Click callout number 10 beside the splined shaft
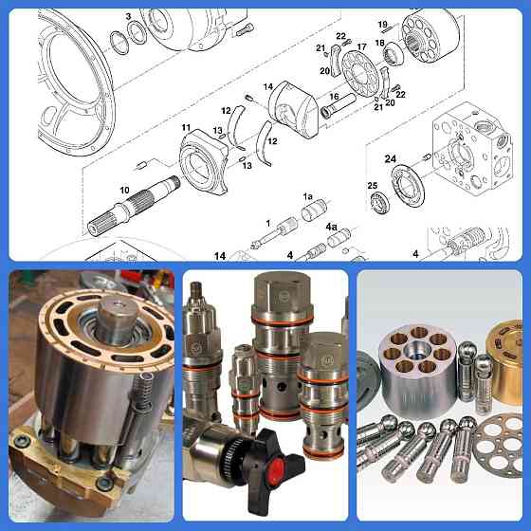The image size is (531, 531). coord(124,191)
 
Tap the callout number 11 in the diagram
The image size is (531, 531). coord(186,127)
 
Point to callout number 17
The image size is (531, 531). coord(361,46)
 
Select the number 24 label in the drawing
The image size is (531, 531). coord(390,158)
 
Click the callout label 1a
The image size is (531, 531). coord(308,196)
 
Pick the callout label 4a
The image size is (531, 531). coord(331,227)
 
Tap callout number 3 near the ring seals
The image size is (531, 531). coord(128,16)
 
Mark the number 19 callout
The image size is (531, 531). coord(383,25)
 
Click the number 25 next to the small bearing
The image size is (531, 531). coord(372,186)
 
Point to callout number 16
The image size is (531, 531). coord(334,97)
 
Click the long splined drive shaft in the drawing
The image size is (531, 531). coord(134,206)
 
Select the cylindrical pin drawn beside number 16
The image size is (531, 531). coord(338,106)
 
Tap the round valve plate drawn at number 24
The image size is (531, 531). coord(408,185)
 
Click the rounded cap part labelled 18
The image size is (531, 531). coord(394,53)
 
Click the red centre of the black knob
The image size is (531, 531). coord(276,469)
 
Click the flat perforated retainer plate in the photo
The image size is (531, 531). coord(499,445)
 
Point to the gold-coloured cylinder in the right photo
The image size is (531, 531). coord(504,364)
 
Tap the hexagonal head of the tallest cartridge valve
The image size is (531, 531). coord(283,289)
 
